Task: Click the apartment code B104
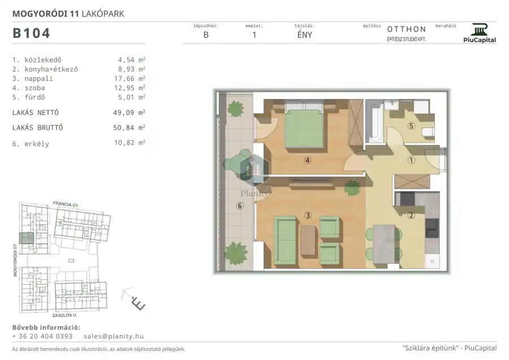coord(31,33)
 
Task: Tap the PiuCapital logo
coord(480,33)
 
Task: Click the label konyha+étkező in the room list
coord(51,69)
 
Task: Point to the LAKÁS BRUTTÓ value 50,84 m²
coord(129,127)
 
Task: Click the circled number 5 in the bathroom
coord(411,126)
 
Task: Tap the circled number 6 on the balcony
coord(240,205)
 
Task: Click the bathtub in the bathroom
coord(374,122)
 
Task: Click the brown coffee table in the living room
coord(308,241)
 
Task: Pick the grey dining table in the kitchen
coord(383,244)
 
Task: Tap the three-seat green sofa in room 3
coord(285,241)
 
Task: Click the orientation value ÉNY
coord(304,35)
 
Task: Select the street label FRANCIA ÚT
coord(66,204)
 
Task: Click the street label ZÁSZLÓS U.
coord(64,315)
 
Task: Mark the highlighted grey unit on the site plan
coord(26,238)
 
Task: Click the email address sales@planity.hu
coord(114,336)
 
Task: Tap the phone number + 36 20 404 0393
coord(42,336)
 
